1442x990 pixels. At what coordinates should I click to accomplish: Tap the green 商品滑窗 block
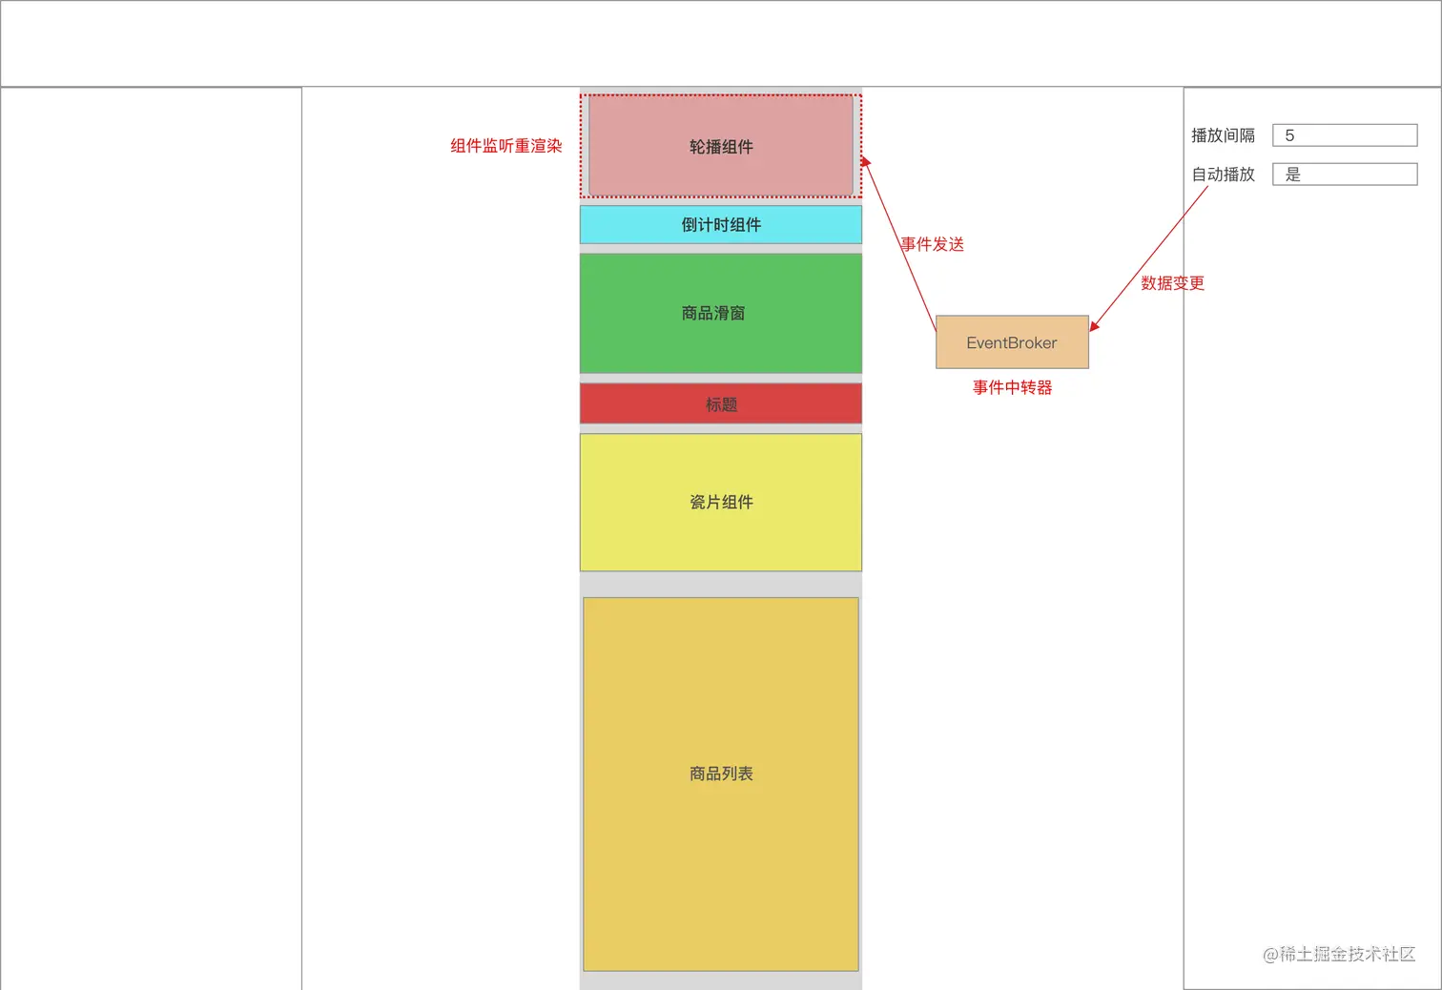721,334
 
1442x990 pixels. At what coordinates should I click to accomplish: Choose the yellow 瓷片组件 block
721,534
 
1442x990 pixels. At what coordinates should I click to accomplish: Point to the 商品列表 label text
721,773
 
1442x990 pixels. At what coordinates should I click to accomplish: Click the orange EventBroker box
1012,342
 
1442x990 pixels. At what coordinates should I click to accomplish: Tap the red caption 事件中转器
1012,387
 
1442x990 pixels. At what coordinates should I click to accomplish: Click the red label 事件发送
933,244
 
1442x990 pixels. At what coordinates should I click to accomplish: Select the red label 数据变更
1172,283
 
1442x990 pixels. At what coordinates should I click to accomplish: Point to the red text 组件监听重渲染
506,146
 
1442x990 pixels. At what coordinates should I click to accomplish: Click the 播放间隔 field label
1223,135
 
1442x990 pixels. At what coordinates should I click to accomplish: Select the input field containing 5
1345,135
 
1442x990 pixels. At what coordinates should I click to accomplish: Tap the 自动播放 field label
1223,175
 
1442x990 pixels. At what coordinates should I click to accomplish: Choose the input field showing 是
1345,175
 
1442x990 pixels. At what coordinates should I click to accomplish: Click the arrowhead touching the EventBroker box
1095,325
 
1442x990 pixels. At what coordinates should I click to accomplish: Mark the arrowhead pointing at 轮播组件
865,162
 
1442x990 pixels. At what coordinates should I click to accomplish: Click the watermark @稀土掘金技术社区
1338,954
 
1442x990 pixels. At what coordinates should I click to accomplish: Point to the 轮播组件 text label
721,147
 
